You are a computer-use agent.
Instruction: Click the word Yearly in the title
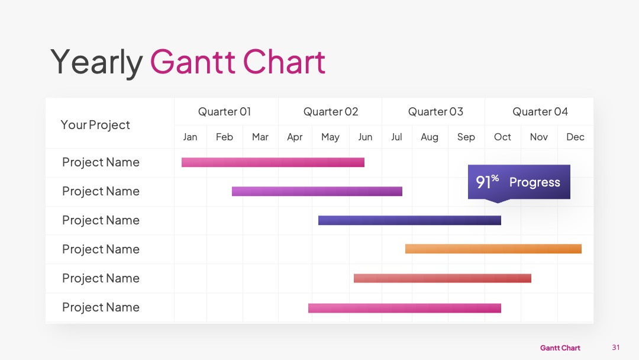click(96, 62)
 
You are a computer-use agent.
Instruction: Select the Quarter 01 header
click(225, 112)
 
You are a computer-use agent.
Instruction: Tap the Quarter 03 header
click(435, 112)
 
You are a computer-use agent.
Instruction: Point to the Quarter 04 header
click(540, 112)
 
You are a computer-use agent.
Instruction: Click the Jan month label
click(190, 137)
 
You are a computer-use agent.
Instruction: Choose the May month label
click(330, 137)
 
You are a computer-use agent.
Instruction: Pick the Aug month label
click(430, 137)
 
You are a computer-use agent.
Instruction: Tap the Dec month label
click(576, 137)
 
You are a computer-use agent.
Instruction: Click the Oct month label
click(502, 137)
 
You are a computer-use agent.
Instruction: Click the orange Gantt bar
click(493, 249)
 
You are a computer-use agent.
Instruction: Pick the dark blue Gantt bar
click(409, 220)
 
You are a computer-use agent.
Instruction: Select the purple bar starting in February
click(317, 191)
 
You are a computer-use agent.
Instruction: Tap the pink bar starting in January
click(273, 162)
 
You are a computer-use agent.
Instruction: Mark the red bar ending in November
click(443, 278)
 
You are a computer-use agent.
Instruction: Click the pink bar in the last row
click(405, 308)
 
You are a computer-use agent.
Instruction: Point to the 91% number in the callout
click(488, 182)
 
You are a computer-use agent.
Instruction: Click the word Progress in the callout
click(535, 182)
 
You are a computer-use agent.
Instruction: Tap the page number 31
click(616, 348)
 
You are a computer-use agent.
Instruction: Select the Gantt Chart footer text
click(560, 348)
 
